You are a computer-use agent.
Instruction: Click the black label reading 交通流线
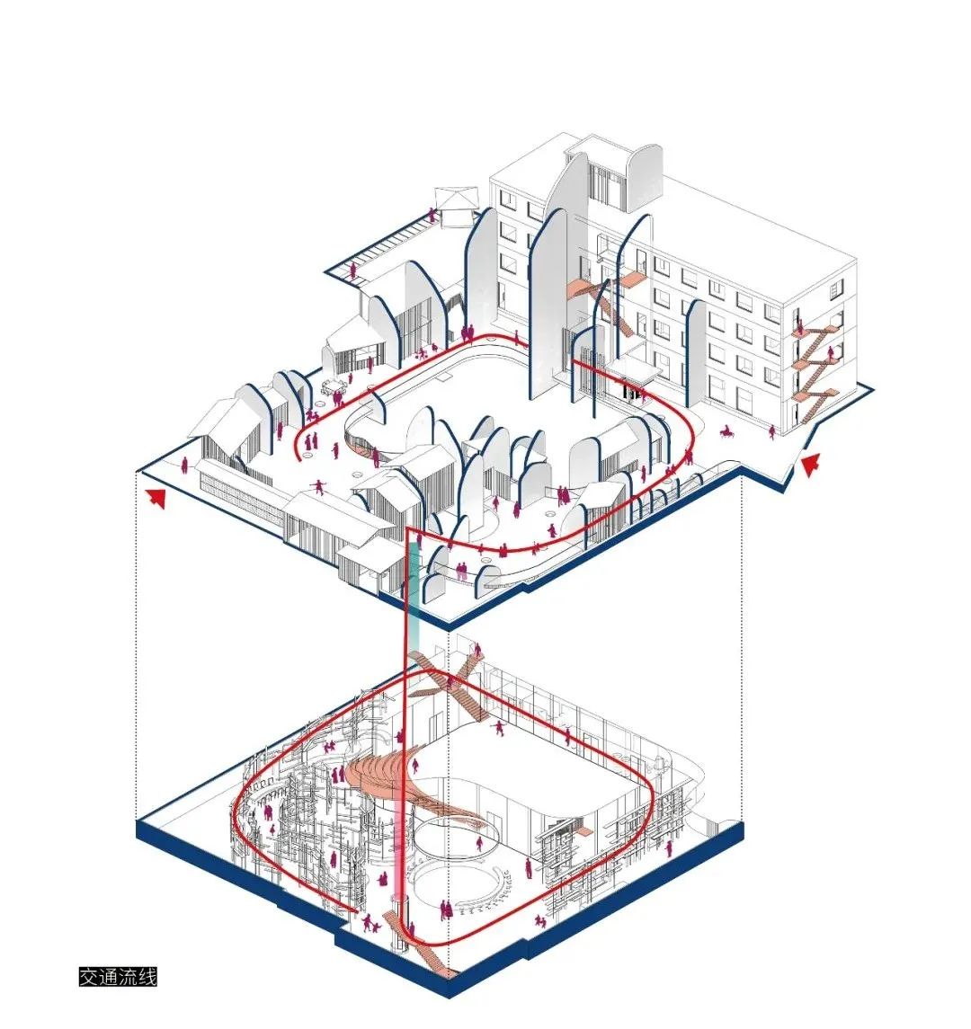(x=118, y=976)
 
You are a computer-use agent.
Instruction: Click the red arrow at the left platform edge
(x=156, y=498)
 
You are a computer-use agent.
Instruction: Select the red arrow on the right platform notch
(x=810, y=463)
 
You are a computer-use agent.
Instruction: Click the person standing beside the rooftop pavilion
(x=432, y=215)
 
